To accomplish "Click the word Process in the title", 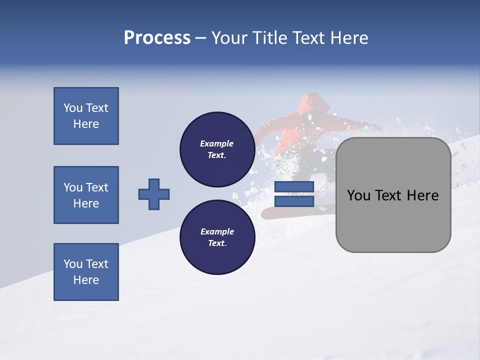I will tap(157, 38).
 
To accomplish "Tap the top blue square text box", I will tap(86, 116).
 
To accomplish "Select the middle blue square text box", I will tap(86, 195).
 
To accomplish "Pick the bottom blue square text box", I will tap(86, 272).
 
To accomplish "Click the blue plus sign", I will tap(154, 194).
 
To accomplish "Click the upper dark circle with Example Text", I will tap(217, 149).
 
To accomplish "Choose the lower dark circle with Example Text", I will tap(217, 237).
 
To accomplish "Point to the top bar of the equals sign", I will tap(294, 187).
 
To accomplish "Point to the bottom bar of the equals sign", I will tap(294, 201).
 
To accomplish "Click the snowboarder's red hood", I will tap(315, 102).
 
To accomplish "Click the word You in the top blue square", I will tap(72, 108).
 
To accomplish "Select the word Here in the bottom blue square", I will tap(86, 280).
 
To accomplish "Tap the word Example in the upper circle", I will tap(217, 143).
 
